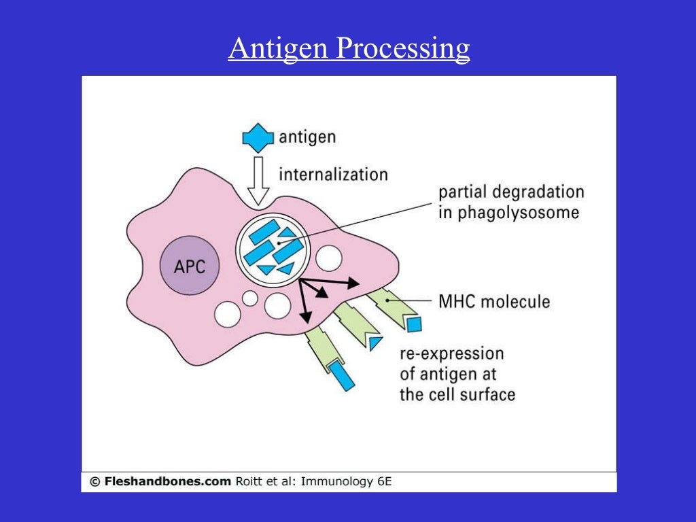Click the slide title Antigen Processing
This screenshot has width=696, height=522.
[x=349, y=49]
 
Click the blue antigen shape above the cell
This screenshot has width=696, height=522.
[x=258, y=137]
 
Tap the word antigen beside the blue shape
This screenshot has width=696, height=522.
[x=307, y=137]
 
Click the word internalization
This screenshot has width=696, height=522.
[x=333, y=174]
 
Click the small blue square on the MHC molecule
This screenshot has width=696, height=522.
[x=414, y=324]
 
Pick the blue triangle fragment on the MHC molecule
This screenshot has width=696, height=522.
[x=375, y=343]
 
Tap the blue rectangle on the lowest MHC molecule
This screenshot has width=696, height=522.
[x=343, y=377]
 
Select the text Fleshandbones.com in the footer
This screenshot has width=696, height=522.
[x=169, y=482]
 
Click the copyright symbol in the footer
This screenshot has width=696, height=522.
[x=94, y=482]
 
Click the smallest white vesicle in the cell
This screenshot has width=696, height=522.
[x=250, y=298]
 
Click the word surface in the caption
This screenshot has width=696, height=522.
[x=485, y=394]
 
